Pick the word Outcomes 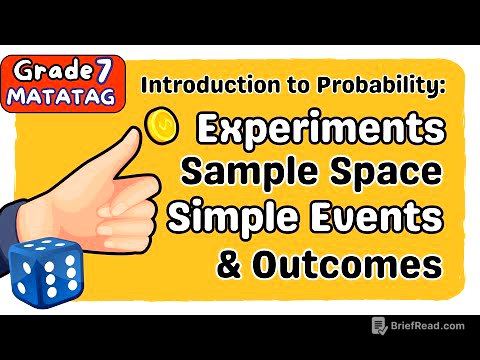[x=361, y=265]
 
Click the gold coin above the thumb [x=160, y=125]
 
